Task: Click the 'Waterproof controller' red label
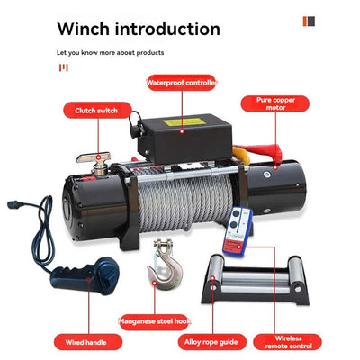[182, 83]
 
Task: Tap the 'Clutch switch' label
[97, 111]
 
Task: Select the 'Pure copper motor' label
[275, 103]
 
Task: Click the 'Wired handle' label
[88, 342]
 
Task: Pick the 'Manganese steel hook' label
[155, 321]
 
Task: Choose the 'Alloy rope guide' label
[211, 342]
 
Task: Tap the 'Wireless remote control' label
[288, 342]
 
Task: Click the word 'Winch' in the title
[83, 29]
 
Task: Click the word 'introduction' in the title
[167, 29]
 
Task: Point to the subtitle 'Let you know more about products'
[111, 53]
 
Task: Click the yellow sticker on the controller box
[184, 122]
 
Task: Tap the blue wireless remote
[238, 232]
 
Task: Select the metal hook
[164, 265]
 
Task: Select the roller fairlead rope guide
[255, 280]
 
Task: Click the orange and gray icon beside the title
[309, 22]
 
